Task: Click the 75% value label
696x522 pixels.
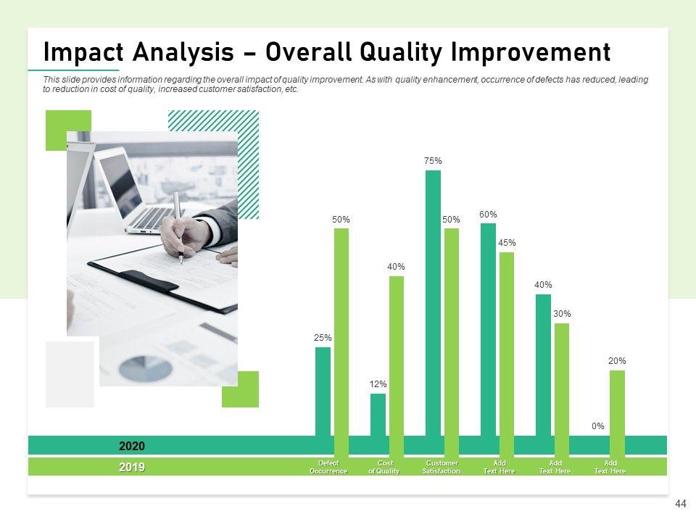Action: point(433,161)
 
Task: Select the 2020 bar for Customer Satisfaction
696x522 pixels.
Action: point(434,303)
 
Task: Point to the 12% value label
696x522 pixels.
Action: point(378,384)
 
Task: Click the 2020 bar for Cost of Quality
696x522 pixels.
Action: point(378,415)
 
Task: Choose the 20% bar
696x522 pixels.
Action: point(617,414)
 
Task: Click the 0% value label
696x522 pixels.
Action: point(598,426)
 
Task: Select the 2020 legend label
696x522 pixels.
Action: point(132,446)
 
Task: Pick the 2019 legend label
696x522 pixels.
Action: point(132,467)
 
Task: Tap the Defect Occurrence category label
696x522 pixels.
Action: point(328,467)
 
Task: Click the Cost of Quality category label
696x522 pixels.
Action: point(384,467)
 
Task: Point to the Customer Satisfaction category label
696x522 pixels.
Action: point(442,467)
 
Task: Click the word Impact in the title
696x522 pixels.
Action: point(83,52)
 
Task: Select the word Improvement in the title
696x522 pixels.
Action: point(531,52)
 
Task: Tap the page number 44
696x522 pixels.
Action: point(681,504)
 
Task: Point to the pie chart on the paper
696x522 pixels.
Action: point(145,368)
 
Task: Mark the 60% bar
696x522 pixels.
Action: point(488,330)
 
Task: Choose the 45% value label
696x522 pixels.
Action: point(507,243)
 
